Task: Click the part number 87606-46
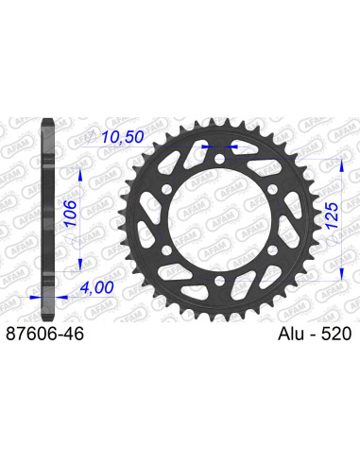45,334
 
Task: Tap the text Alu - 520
315,334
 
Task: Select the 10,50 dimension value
123,137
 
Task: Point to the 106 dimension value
71,214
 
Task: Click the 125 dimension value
332,215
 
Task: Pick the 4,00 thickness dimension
96,287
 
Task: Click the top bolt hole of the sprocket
219,158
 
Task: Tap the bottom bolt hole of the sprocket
219,280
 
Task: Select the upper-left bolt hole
167,189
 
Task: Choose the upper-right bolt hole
272,189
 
